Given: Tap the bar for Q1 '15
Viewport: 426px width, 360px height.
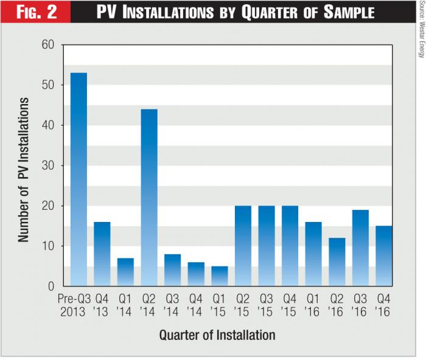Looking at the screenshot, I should point(220,276).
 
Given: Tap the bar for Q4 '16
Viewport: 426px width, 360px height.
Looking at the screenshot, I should point(384,256).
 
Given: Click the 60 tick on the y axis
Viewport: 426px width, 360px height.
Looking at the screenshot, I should point(48,45).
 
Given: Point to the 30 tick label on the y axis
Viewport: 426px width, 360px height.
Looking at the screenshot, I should point(48,165).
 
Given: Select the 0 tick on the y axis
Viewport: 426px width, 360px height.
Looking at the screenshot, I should point(51,286).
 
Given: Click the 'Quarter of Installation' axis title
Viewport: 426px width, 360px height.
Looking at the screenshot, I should point(217,335).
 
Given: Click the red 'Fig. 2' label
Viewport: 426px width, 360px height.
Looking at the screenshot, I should point(36,12).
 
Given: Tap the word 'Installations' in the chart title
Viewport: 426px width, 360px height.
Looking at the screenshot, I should point(172,12).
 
